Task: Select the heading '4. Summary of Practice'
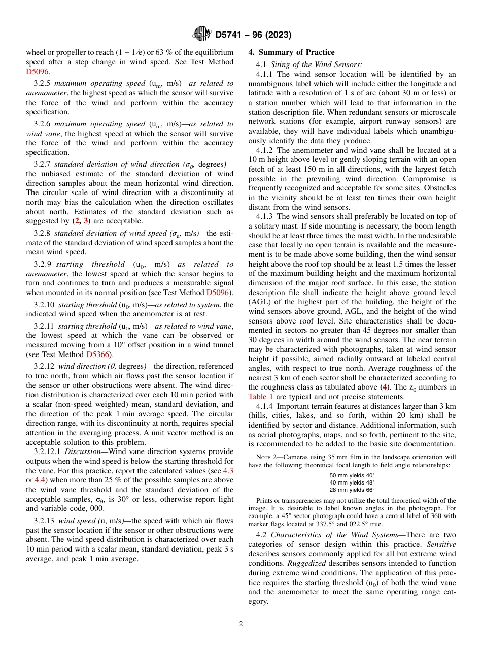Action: coord(291,52)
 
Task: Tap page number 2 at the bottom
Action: coord(241,624)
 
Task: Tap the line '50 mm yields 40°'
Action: coord(352,476)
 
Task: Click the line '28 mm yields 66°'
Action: coord(352,490)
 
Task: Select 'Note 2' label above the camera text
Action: coord(265,457)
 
